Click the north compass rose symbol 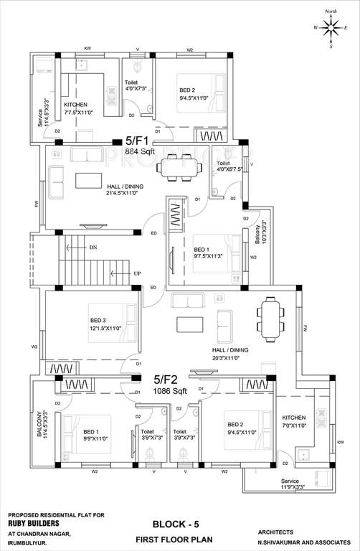coord(331,29)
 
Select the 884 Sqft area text coord(140,152)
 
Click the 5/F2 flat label coord(167,378)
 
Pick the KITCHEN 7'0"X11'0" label coord(294,421)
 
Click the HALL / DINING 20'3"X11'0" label coord(230,354)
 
